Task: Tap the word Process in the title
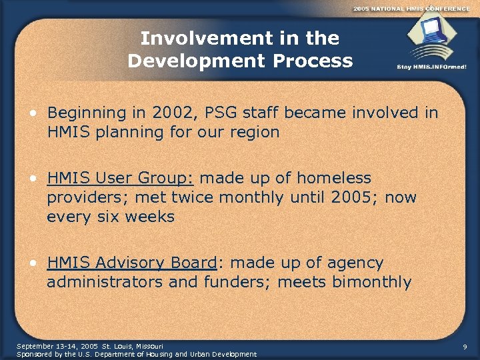tap(316, 61)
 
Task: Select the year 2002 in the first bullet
tap(171, 113)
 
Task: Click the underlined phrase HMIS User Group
tap(120, 179)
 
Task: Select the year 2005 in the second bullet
tap(367, 197)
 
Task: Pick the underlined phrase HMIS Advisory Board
tap(132, 263)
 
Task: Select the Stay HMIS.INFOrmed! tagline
tap(431, 67)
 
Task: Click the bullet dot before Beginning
tap(32, 113)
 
